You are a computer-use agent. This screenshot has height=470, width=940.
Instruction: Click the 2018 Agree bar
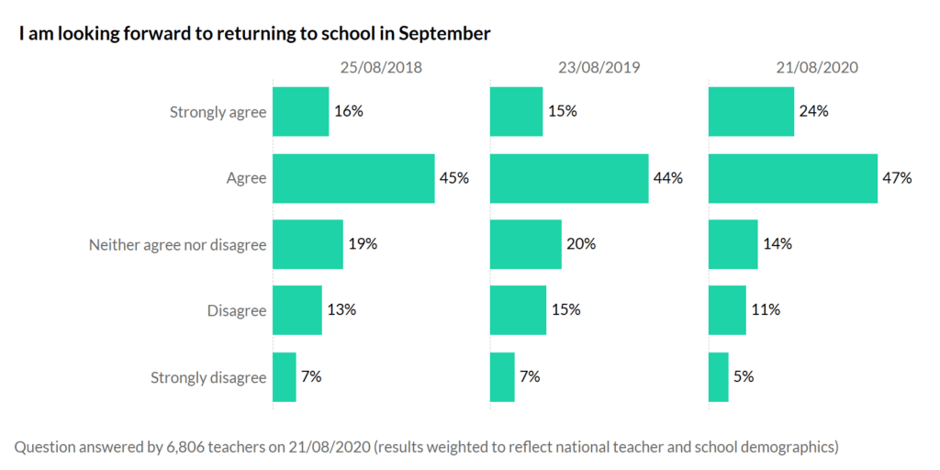[353, 178]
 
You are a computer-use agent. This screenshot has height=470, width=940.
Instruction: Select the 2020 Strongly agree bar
[751, 112]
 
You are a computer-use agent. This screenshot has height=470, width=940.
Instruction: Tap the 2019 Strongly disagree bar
[502, 376]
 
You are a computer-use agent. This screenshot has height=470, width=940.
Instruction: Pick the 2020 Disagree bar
[727, 310]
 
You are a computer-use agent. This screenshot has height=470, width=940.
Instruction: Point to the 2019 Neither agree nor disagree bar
[525, 244]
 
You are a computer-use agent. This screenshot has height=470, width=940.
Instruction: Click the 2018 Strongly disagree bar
[285, 376]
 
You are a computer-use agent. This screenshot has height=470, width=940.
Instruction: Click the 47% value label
[897, 178]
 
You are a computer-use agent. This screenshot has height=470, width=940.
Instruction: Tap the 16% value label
[348, 112]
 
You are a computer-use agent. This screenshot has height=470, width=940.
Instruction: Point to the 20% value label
[581, 244]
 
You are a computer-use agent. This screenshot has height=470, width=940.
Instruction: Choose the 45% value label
[453, 178]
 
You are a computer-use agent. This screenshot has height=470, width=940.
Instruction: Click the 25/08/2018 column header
[381, 67]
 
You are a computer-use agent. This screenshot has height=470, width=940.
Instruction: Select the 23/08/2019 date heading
[599, 67]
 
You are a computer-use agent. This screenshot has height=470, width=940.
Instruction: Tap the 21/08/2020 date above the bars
[816, 67]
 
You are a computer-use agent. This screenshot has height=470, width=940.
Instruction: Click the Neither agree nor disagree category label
[177, 245]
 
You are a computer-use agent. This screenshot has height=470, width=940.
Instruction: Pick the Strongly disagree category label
[207, 377]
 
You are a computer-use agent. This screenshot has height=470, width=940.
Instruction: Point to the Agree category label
[246, 179]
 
